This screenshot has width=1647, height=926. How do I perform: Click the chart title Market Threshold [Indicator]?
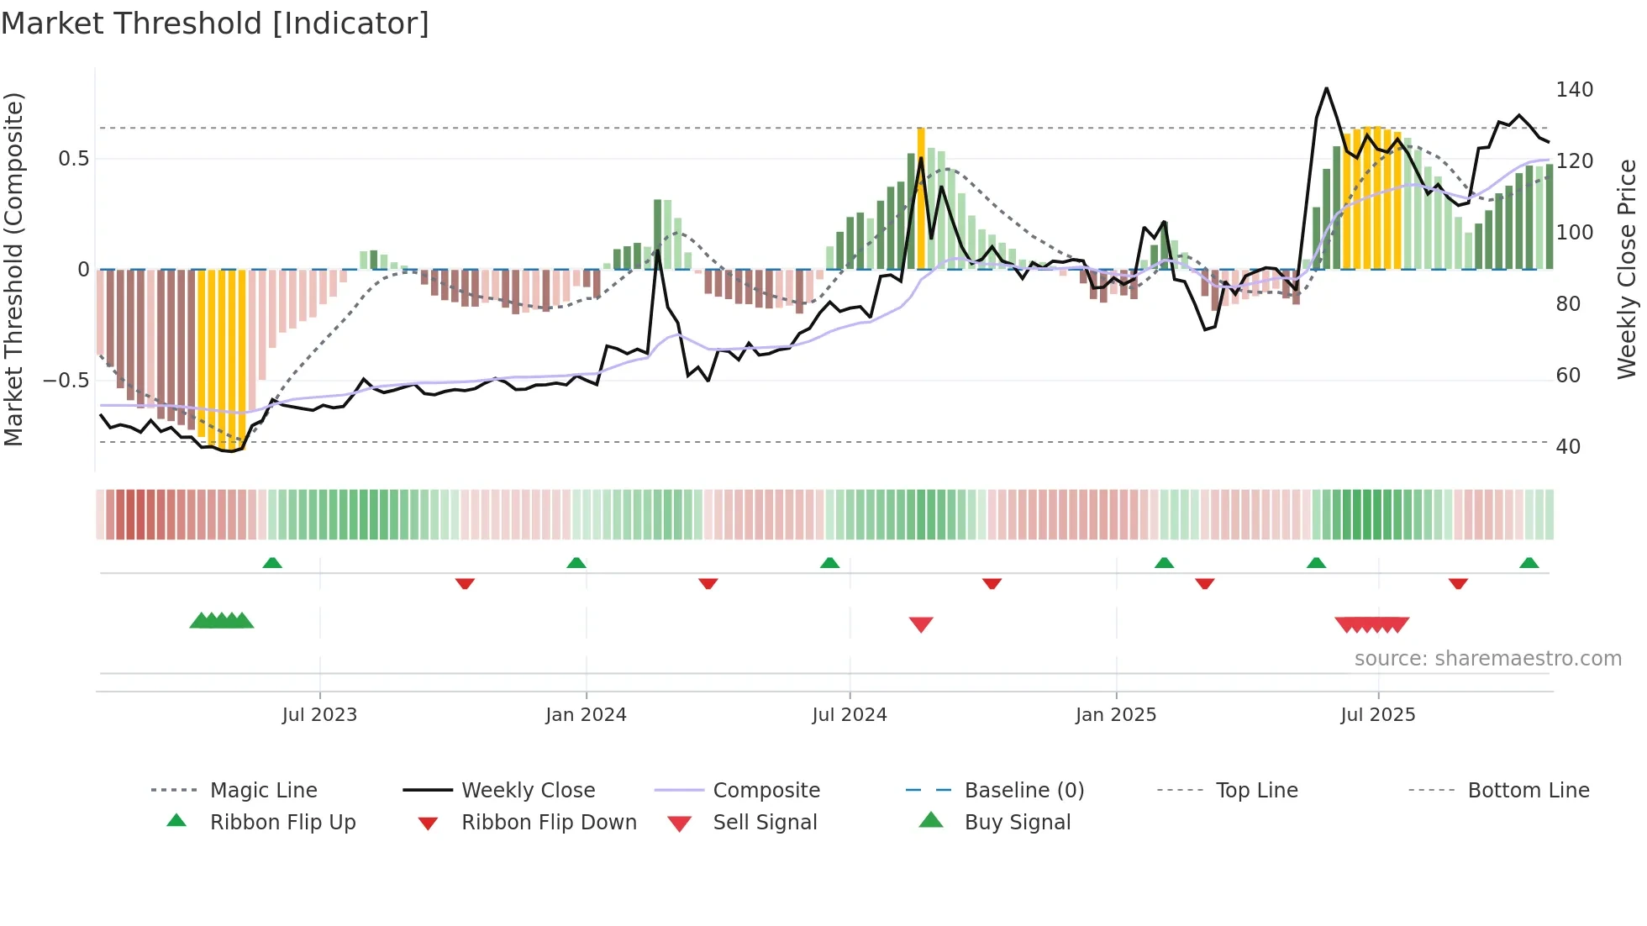coord(215,24)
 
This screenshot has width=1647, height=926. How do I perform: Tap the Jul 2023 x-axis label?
coord(319,715)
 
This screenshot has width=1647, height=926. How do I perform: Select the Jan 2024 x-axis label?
coord(586,715)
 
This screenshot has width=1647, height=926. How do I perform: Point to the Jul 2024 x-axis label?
coord(850,715)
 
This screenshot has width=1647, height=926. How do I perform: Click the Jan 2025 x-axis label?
coord(1116,715)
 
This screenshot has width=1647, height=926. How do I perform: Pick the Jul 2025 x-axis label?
coord(1378,715)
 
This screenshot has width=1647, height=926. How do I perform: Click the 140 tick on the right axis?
coord(1574,90)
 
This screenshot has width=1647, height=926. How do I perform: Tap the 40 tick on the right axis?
coord(1568,447)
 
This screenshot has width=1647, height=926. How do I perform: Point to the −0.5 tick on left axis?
coord(66,381)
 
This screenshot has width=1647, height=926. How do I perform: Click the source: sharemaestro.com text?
coord(1487,659)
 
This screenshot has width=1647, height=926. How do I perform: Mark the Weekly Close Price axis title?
coord(1627,269)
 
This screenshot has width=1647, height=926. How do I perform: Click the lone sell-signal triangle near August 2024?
coord(921,624)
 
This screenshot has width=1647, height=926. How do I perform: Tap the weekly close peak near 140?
coord(1326,88)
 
